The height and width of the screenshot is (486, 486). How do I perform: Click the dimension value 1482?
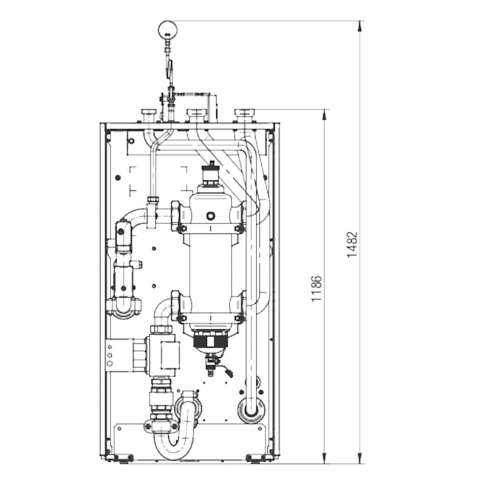click(352, 245)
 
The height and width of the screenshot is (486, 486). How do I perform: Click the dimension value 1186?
click(317, 289)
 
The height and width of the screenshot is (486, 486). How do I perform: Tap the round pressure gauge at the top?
click(168, 30)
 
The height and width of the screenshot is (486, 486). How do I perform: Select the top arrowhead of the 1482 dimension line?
click(360, 26)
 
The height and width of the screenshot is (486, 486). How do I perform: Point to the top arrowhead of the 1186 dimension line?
click(324, 114)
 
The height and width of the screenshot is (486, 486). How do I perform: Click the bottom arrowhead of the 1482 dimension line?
click(360, 459)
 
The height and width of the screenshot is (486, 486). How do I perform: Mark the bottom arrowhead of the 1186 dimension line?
click(324, 459)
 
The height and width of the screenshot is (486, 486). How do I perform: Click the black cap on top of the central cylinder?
click(212, 169)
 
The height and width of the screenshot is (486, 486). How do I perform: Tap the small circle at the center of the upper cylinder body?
click(211, 216)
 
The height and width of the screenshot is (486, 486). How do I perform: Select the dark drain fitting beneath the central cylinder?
click(210, 343)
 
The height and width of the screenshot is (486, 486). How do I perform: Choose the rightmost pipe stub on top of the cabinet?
click(244, 115)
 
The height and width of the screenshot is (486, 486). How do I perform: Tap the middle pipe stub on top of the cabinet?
click(196, 115)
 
